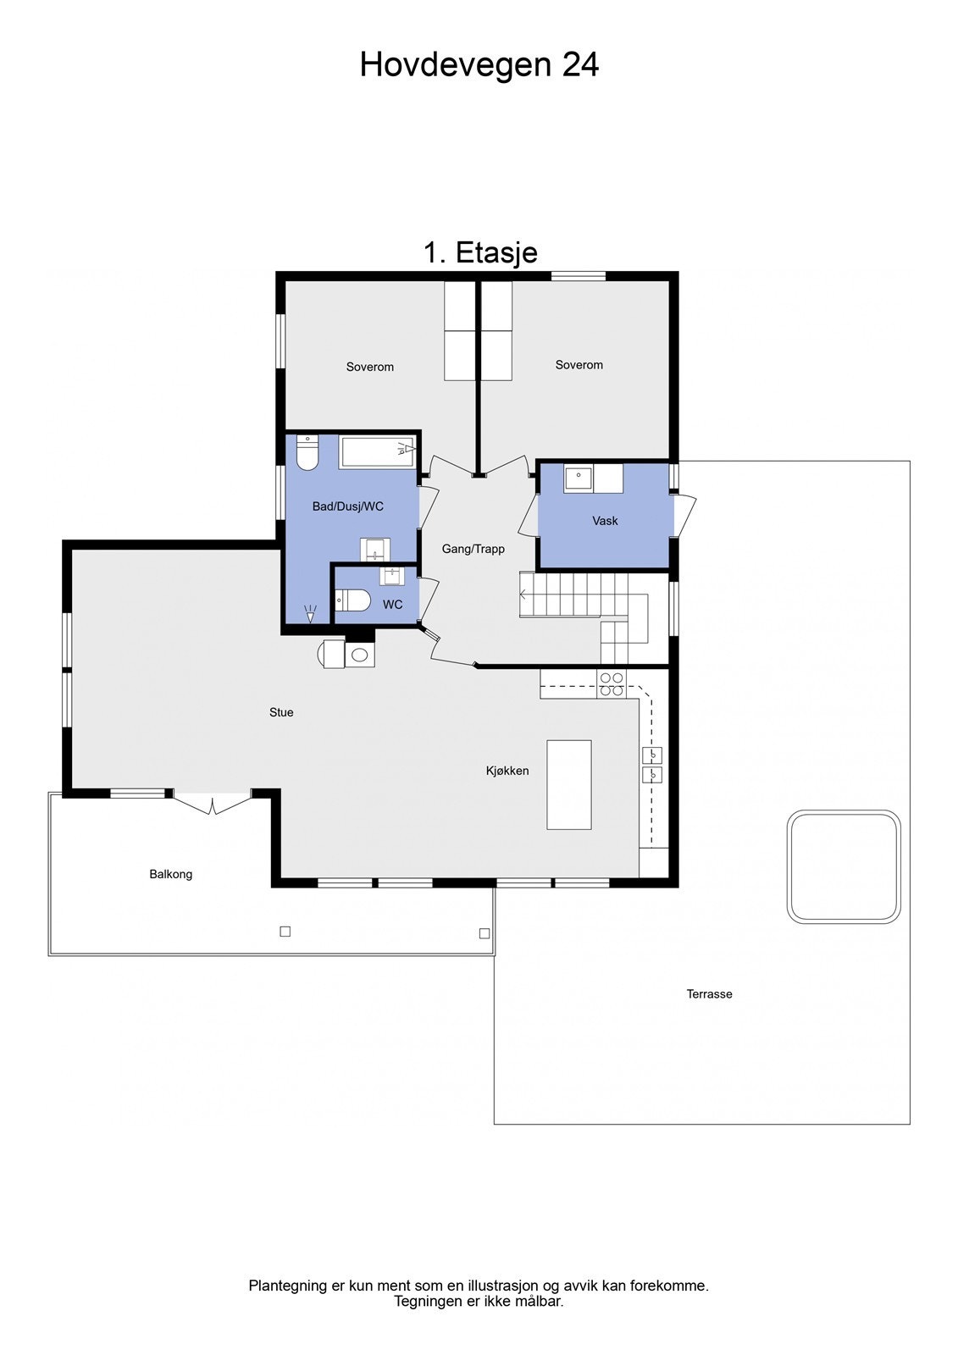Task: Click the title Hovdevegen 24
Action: coord(479,64)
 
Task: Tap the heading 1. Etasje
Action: coord(480,252)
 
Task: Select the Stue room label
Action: coord(281,712)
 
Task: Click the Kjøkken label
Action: coord(507,771)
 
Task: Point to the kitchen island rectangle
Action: coord(568,784)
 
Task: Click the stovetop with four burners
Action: coord(612,684)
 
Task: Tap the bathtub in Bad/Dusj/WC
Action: coord(378,451)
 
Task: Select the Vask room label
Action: coord(605,521)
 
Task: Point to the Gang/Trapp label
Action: coord(473,549)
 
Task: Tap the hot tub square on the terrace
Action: coord(843,866)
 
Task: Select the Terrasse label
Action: coord(709,994)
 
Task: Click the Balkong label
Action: coord(171,874)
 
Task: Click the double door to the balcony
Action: coord(212,802)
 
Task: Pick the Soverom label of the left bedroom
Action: coord(370,367)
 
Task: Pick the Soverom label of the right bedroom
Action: coord(579,365)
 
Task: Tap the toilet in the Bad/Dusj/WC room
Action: coord(307,453)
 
